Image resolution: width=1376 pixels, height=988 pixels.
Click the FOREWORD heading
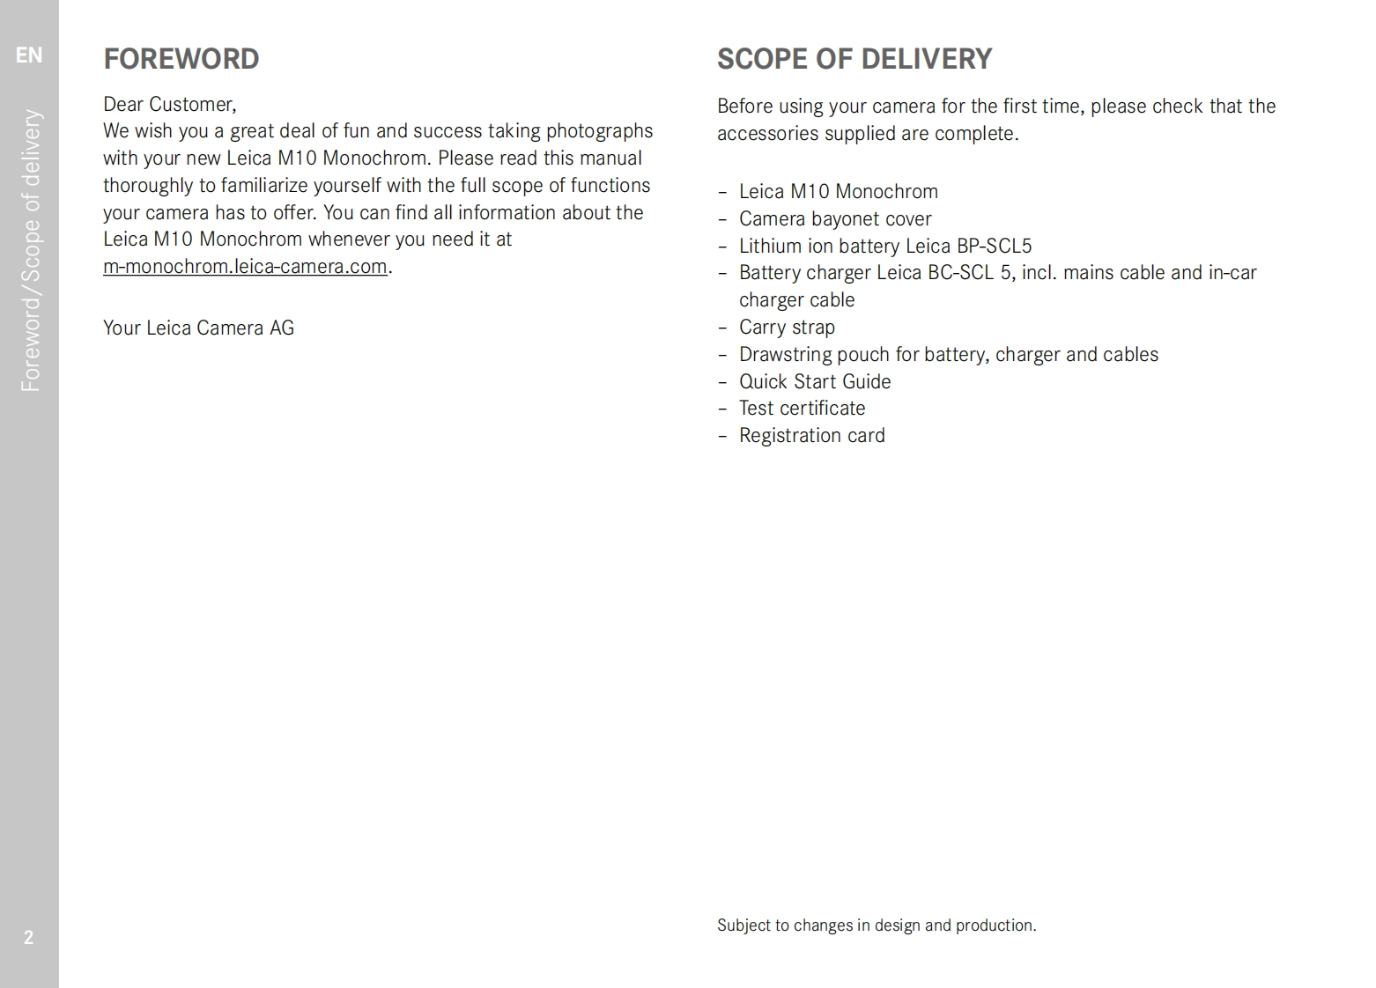pos(181,59)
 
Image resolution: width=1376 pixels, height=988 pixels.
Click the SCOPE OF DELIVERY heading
pos(854,59)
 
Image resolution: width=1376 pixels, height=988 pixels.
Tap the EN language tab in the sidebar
pos(29,55)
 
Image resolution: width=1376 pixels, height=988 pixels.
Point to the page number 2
pos(28,937)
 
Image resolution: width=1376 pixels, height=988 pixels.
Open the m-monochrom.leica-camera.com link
pos(245,267)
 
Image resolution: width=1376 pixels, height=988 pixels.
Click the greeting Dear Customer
pos(169,105)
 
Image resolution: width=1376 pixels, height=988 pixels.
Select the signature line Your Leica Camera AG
pos(198,328)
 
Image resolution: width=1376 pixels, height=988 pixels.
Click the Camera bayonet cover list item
pos(834,219)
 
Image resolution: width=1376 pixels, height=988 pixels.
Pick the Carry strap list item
pos(786,328)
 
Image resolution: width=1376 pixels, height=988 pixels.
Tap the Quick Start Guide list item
pos(814,381)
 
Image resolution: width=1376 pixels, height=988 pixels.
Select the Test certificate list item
pos(802,409)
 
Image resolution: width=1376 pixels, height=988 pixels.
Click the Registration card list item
pos(811,436)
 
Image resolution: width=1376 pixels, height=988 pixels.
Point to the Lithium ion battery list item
pos(884,247)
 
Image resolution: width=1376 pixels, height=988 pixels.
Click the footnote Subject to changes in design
pos(876,925)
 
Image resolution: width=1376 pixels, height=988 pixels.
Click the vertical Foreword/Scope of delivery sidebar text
pos(31,250)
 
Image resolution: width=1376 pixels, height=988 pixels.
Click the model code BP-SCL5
pos(994,247)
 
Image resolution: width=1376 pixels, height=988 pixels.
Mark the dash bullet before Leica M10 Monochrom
pos(722,192)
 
